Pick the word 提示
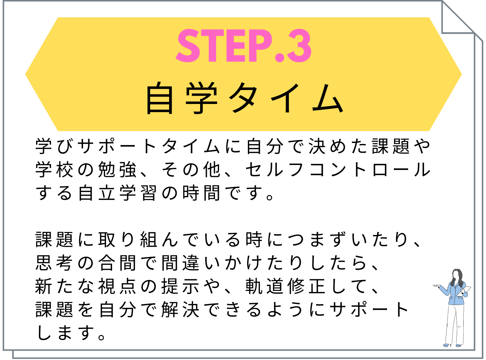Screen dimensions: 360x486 180,286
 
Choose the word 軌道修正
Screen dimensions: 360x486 286,286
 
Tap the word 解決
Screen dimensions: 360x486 180,310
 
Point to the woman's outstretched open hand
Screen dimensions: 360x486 436,286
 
